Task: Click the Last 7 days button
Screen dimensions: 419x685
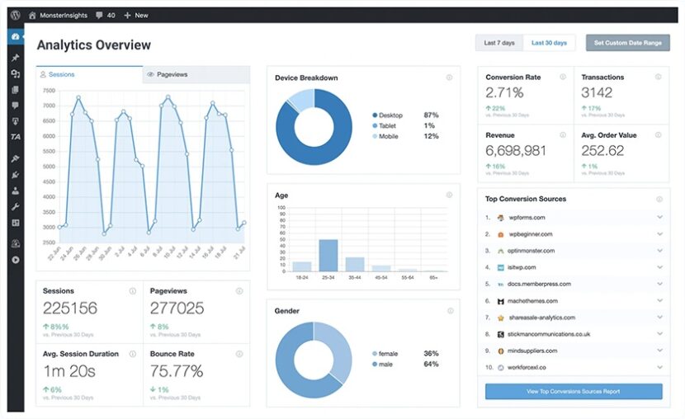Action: [x=499, y=43]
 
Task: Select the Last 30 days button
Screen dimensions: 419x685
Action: [x=549, y=43]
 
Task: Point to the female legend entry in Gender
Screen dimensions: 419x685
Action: [x=389, y=353]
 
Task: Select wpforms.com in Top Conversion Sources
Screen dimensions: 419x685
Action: [x=527, y=218]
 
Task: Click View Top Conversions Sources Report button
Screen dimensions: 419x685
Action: [x=573, y=391]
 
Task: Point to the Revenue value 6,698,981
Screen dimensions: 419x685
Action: [x=516, y=150]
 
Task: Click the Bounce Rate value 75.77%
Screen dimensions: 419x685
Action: [x=177, y=370]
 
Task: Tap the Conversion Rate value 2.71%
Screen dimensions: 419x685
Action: [x=504, y=92]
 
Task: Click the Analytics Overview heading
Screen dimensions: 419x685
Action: [x=94, y=45]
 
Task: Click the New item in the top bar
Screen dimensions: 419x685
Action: [x=136, y=15]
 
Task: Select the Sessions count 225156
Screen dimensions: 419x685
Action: [x=70, y=308]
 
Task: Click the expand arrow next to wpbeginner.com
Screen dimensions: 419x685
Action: [x=659, y=234]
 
